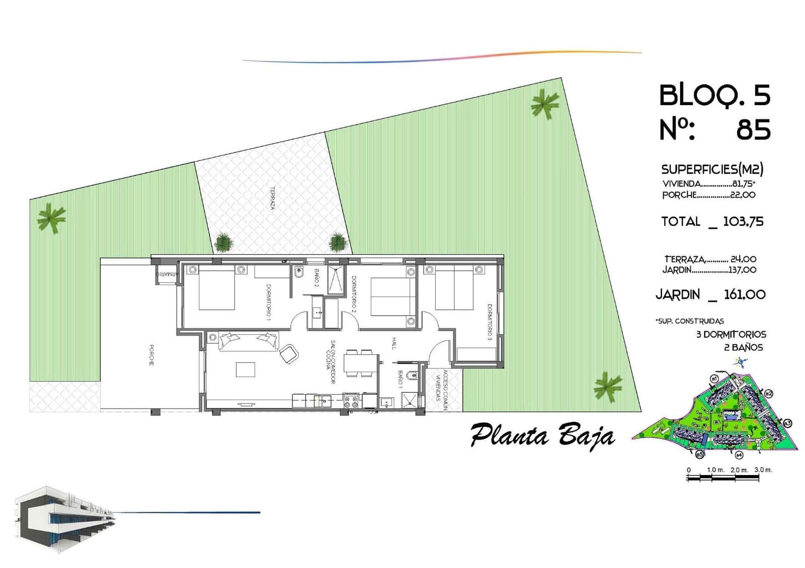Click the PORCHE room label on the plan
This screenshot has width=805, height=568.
point(151,355)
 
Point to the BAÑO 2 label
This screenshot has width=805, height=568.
point(316,278)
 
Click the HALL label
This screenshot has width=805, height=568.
point(394,343)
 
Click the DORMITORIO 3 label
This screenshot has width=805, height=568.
point(489,322)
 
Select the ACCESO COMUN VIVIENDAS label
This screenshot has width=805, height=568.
point(442,390)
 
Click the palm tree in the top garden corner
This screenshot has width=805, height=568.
point(544,105)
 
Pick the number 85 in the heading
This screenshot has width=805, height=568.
point(753,130)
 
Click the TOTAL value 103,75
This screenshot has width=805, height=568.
point(743,222)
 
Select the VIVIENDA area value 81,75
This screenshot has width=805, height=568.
point(743,184)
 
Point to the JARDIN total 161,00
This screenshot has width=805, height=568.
point(744,295)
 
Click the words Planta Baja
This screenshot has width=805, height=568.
point(542,435)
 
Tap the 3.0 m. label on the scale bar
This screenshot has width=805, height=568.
point(763,469)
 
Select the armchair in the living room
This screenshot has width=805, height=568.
point(289,354)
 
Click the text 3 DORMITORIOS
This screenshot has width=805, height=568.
point(731,334)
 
